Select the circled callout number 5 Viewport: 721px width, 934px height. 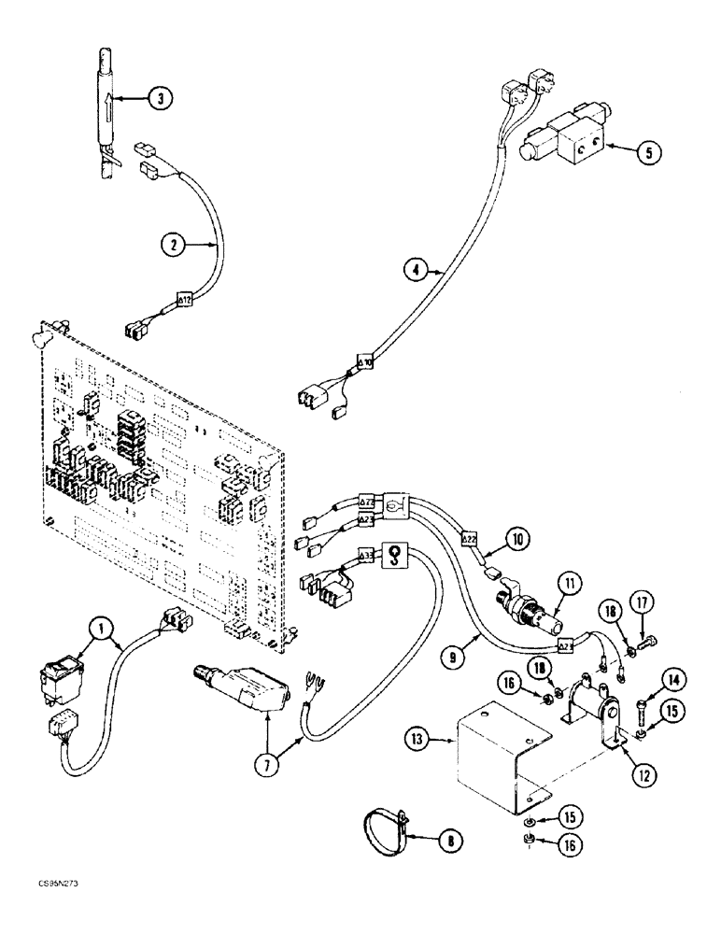pos(643,153)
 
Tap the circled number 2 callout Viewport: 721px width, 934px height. pos(172,247)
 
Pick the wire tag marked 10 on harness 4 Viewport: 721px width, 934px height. pos(366,361)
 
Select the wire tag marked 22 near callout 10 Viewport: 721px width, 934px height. pos(470,539)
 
